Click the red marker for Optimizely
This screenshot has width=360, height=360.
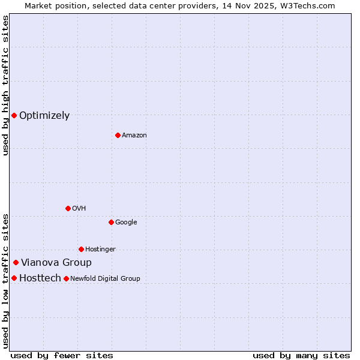14,115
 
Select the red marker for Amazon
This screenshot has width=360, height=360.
118,135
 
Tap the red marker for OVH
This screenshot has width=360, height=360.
68,208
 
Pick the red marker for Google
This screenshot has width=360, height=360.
111,222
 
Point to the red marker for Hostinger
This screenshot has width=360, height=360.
81,249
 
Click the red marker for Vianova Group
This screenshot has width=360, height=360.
16,262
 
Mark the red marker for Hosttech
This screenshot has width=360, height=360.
14,278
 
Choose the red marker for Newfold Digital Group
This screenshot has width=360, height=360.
66,278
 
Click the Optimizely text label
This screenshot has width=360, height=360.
44,116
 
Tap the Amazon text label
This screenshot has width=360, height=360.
134,136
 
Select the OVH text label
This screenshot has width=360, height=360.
79,209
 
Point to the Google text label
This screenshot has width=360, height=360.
126,223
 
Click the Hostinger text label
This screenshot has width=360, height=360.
100,250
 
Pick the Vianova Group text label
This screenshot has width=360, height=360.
56,263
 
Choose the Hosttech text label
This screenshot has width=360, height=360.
40,278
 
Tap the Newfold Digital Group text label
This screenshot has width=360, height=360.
105,278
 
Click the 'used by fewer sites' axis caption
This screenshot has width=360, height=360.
62,355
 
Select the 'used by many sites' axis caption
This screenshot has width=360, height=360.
301,355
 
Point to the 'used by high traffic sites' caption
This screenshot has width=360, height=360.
5,85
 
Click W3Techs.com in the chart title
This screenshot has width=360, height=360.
305,5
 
